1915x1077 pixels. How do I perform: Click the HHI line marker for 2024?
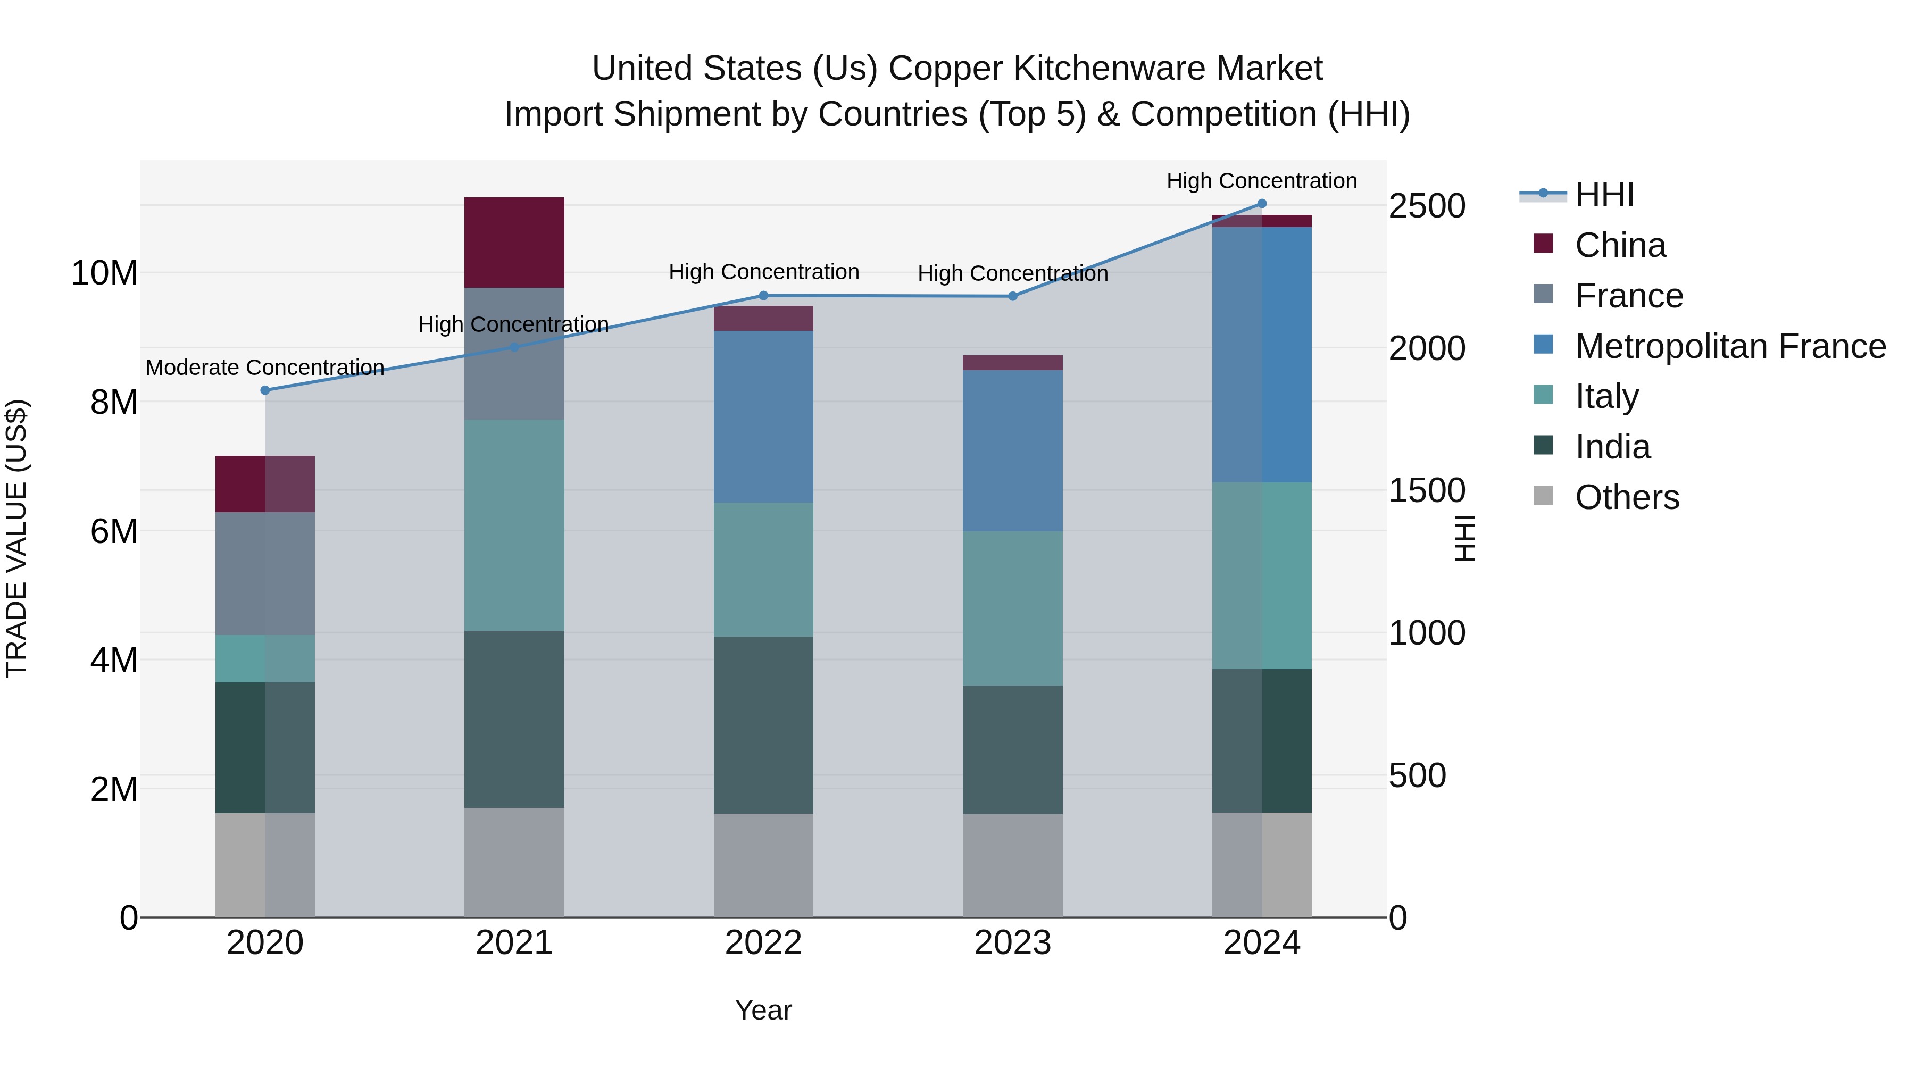(x=1262, y=204)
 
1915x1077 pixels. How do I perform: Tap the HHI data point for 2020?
(x=265, y=390)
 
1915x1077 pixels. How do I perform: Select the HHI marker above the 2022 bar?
(x=763, y=296)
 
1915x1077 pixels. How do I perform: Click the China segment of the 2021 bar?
(x=514, y=243)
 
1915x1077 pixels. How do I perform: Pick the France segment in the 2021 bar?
(x=514, y=354)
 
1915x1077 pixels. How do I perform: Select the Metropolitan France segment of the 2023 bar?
(x=1012, y=450)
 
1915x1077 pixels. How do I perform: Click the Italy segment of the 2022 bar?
(x=763, y=569)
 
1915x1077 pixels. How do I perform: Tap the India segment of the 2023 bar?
(x=1012, y=749)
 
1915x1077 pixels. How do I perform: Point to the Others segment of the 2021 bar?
(x=514, y=862)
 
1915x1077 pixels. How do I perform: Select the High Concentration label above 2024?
(x=1262, y=181)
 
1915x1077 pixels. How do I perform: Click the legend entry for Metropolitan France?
(x=1730, y=346)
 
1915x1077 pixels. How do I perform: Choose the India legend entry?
(x=1612, y=447)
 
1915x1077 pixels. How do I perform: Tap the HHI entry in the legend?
(x=1604, y=195)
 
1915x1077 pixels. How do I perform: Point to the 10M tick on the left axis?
(x=104, y=273)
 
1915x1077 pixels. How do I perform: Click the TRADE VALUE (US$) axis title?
(x=16, y=538)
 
